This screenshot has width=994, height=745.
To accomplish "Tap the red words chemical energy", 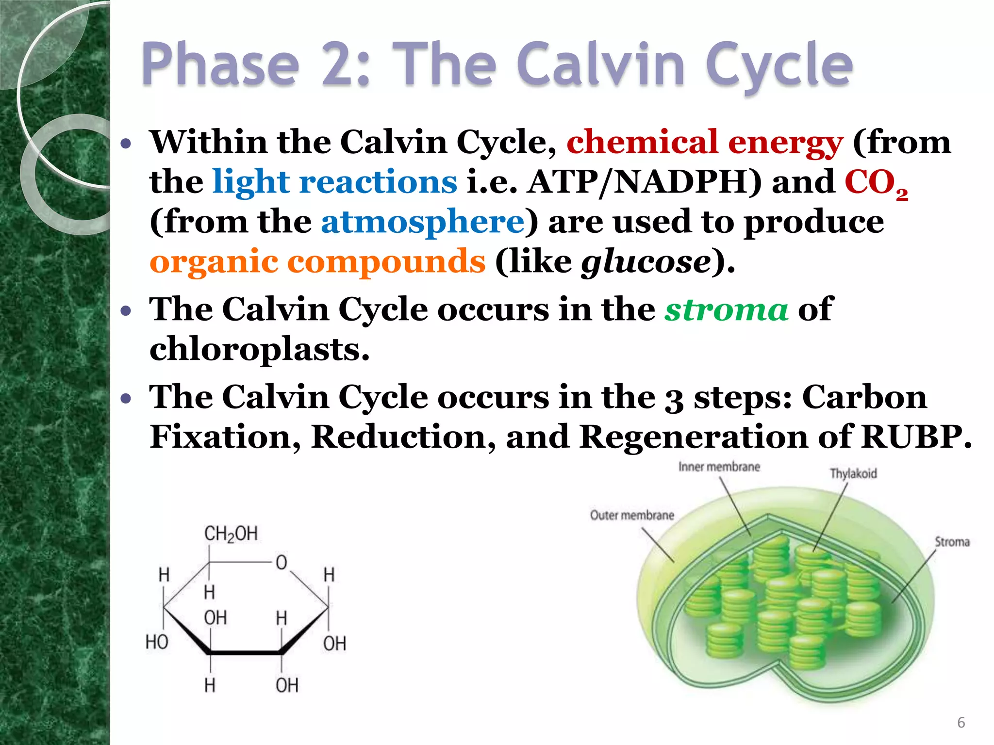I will click(x=704, y=143).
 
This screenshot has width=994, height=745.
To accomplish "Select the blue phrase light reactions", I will click(x=335, y=182).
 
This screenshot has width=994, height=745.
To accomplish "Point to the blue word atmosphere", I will click(x=423, y=222).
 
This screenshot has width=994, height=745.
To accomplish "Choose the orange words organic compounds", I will click(x=317, y=262).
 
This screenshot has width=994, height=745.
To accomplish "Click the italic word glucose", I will click(x=646, y=263).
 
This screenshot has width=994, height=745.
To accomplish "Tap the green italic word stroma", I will click(x=726, y=309).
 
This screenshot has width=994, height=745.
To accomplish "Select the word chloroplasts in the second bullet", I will click(x=260, y=349).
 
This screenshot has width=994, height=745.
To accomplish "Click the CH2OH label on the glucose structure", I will click(x=231, y=534).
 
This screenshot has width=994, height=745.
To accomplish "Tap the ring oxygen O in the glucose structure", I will click(x=282, y=563).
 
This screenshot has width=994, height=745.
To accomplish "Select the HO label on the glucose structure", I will click(x=157, y=642).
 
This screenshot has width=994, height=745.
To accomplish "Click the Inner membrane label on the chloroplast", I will click(x=719, y=467).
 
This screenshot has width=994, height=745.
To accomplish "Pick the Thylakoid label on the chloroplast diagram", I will click(x=853, y=473).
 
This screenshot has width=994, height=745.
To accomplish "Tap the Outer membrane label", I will click(x=632, y=515).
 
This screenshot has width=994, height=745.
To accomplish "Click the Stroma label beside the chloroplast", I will click(x=952, y=542).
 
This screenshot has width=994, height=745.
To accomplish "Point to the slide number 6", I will click(x=961, y=723).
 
